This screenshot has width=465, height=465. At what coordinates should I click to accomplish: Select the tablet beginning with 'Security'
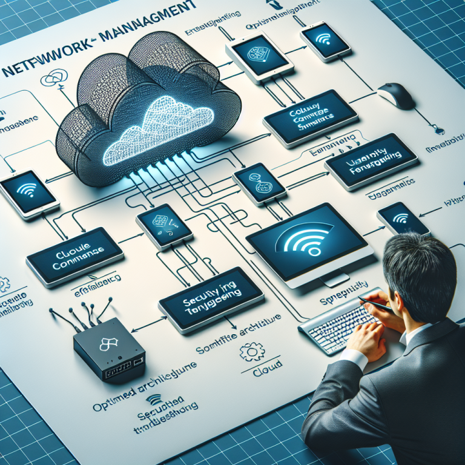pos(211,297)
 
